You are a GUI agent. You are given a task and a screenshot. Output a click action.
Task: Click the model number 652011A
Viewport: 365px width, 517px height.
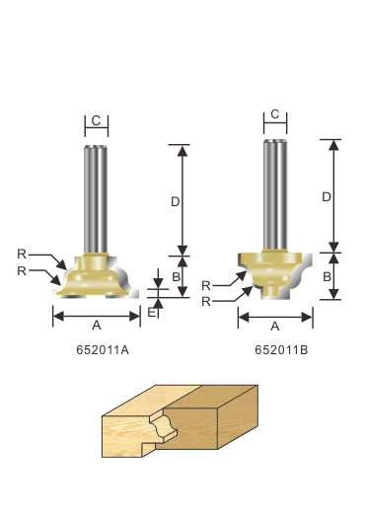click(103, 350)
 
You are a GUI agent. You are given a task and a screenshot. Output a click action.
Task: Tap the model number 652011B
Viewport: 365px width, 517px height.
click(281, 350)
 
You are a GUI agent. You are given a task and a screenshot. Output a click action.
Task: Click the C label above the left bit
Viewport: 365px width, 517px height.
click(96, 120)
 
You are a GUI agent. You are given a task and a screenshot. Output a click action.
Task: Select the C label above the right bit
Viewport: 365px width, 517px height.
click(274, 114)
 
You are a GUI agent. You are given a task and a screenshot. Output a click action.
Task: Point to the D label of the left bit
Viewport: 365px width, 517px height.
click(176, 201)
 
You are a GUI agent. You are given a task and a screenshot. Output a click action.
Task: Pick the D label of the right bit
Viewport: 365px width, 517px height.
click(327, 197)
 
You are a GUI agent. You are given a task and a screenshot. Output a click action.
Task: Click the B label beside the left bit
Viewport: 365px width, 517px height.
click(176, 276)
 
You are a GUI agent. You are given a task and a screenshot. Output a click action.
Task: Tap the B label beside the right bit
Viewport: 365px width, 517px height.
click(327, 276)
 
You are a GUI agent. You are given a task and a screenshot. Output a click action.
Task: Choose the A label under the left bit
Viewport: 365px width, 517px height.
click(97, 326)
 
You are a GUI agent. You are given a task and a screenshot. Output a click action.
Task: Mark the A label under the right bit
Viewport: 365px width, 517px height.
click(275, 327)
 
